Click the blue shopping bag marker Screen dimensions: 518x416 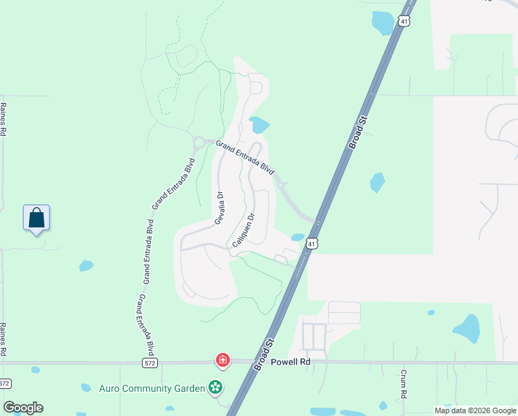[x=36, y=218]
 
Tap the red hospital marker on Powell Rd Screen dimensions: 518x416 [x=223, y=360]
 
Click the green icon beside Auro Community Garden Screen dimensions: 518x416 [x=216, y=388]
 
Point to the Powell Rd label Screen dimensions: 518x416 [x=290, y=362]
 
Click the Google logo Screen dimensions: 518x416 [x=23, y=408]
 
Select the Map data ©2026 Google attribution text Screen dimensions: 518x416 [x=475, y=410]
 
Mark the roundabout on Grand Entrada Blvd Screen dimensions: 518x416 [x=199, y=143]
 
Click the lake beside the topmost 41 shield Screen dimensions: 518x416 [x=382, y=22]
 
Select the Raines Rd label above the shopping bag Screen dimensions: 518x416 [x=3, y=119]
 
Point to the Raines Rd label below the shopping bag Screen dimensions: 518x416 [x=3, y=340]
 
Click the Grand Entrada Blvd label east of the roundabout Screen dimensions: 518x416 [x=244, y=157]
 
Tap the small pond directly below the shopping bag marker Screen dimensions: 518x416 [x=86, y=265]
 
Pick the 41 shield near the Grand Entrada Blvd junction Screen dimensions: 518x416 [x=312, y=243]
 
